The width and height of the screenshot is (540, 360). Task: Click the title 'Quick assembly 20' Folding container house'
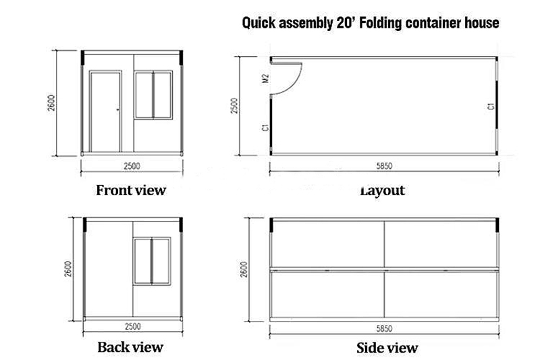pos(371,24)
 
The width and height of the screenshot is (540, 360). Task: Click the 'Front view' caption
pos(131,190)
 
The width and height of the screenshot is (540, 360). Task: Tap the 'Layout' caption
pos(382,190)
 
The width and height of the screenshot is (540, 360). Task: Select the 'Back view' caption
pos(130,347)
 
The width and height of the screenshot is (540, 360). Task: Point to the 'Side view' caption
pos(387,348)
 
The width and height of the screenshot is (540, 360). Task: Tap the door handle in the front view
pos(118,110)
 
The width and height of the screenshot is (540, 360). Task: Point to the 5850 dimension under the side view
pos(384,328)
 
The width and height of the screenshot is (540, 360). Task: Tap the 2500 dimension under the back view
pos(132,327)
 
